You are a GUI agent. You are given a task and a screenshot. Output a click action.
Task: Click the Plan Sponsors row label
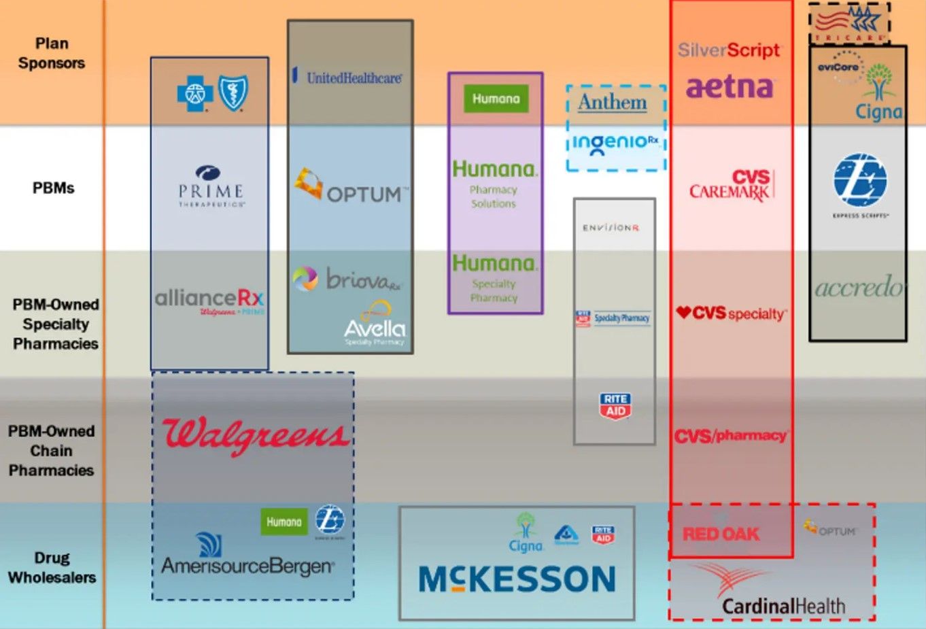pos(52,53)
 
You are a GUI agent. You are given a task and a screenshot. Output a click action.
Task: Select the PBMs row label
pos(53,188)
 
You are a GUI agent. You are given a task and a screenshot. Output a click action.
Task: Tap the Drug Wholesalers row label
pos(52,568)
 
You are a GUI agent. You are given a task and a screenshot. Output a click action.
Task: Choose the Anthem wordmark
pos(613,103)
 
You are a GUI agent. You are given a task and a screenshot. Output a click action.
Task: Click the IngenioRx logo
pos(615,143)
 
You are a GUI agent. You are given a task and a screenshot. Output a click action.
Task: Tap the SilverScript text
pos(729,50)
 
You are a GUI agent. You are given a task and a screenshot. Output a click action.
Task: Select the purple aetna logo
pos(730,87)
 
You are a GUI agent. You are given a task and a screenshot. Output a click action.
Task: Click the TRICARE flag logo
pos(849,23)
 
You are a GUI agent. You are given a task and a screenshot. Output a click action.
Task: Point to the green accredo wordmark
pos(859,288)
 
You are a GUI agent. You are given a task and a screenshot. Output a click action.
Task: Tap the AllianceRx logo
pos(209,300)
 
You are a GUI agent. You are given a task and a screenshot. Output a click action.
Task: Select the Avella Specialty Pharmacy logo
pos(375,326)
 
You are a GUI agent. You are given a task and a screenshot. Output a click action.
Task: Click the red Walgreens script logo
pos(255,435)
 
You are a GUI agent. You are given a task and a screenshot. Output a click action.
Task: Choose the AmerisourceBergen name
pos(247,565)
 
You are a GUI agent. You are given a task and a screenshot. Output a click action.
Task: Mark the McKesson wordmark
pos(517,579)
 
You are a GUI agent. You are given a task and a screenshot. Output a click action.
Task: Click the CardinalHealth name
pos(783,605)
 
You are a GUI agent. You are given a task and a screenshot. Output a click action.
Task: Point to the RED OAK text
pos(721,534)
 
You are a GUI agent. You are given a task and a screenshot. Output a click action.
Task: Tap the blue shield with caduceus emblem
pos(233,92)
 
